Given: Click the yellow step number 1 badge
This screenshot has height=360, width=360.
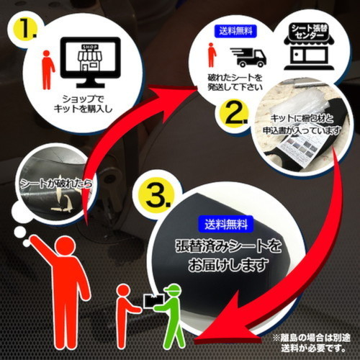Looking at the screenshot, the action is (27, 30).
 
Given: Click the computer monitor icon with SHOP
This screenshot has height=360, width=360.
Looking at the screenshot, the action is (90, 63).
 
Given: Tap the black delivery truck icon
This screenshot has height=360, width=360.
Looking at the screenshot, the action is (248, 57).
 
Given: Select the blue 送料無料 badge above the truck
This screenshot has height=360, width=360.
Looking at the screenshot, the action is (235, 31).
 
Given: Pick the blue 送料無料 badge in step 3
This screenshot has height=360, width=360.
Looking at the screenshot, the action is (226, 224).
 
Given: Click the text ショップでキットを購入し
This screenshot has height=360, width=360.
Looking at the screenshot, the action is (83, 104).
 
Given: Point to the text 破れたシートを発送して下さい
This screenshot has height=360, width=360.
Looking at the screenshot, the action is (235, 82).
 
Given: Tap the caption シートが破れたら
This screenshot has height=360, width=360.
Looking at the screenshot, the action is (56, 184).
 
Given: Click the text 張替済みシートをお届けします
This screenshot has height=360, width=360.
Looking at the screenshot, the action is (228, 256).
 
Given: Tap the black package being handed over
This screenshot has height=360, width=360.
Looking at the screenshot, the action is (153, 300).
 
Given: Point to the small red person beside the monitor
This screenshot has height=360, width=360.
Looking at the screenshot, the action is (48, 70).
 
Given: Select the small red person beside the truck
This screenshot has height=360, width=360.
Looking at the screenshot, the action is (212, 55).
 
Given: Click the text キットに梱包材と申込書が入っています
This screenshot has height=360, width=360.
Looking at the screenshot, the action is (302, 125).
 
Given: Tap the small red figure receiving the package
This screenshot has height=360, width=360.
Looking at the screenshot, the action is (126, 317).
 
